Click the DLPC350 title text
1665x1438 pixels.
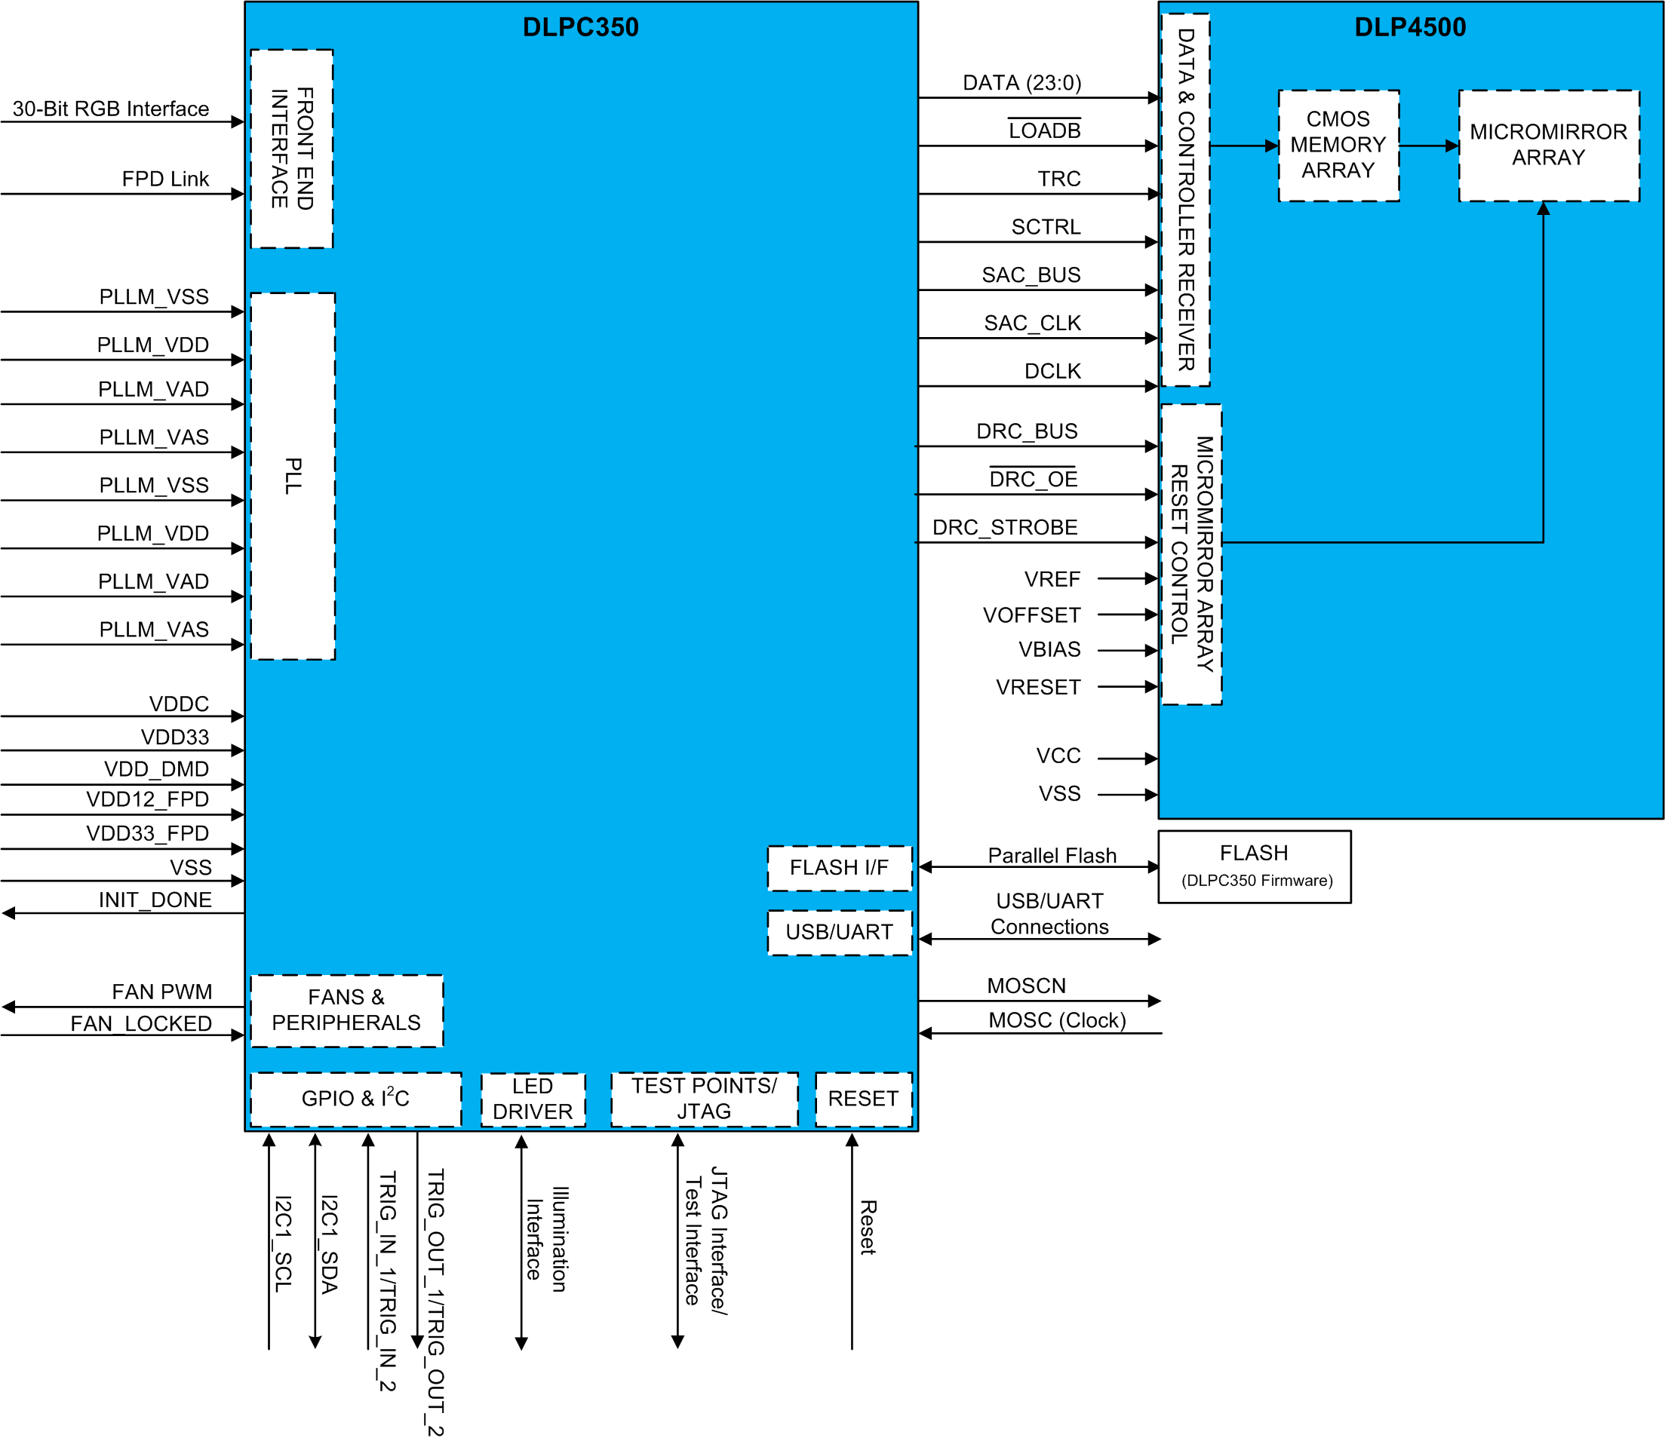[580, 27]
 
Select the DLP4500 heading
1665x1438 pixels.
[1409, 27]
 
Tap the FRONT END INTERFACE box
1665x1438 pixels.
[292, 149]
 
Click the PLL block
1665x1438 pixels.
[293, 476]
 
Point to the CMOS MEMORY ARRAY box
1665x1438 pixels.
[1338, 146]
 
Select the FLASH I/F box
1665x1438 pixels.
[839, 868]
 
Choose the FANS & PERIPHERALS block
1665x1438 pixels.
[346, 1010]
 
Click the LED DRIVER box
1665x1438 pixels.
[533, 1099]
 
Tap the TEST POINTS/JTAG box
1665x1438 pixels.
[704, 1098]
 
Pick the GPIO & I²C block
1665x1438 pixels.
[355, 1098]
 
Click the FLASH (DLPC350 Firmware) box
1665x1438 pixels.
[1254, 866]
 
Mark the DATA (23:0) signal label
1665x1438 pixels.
[1021, 83]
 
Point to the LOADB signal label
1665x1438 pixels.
[1044, 131]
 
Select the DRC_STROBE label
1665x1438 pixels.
[1004, 527]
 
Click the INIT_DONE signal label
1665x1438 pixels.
[155, 900]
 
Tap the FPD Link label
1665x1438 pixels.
[164, 179]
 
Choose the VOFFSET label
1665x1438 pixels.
[1031, 615]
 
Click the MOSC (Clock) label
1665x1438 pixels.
[1056, 1020]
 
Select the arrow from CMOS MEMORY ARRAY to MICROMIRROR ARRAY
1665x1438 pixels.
[1429, 146]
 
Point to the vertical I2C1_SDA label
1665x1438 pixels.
[330, 1244]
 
